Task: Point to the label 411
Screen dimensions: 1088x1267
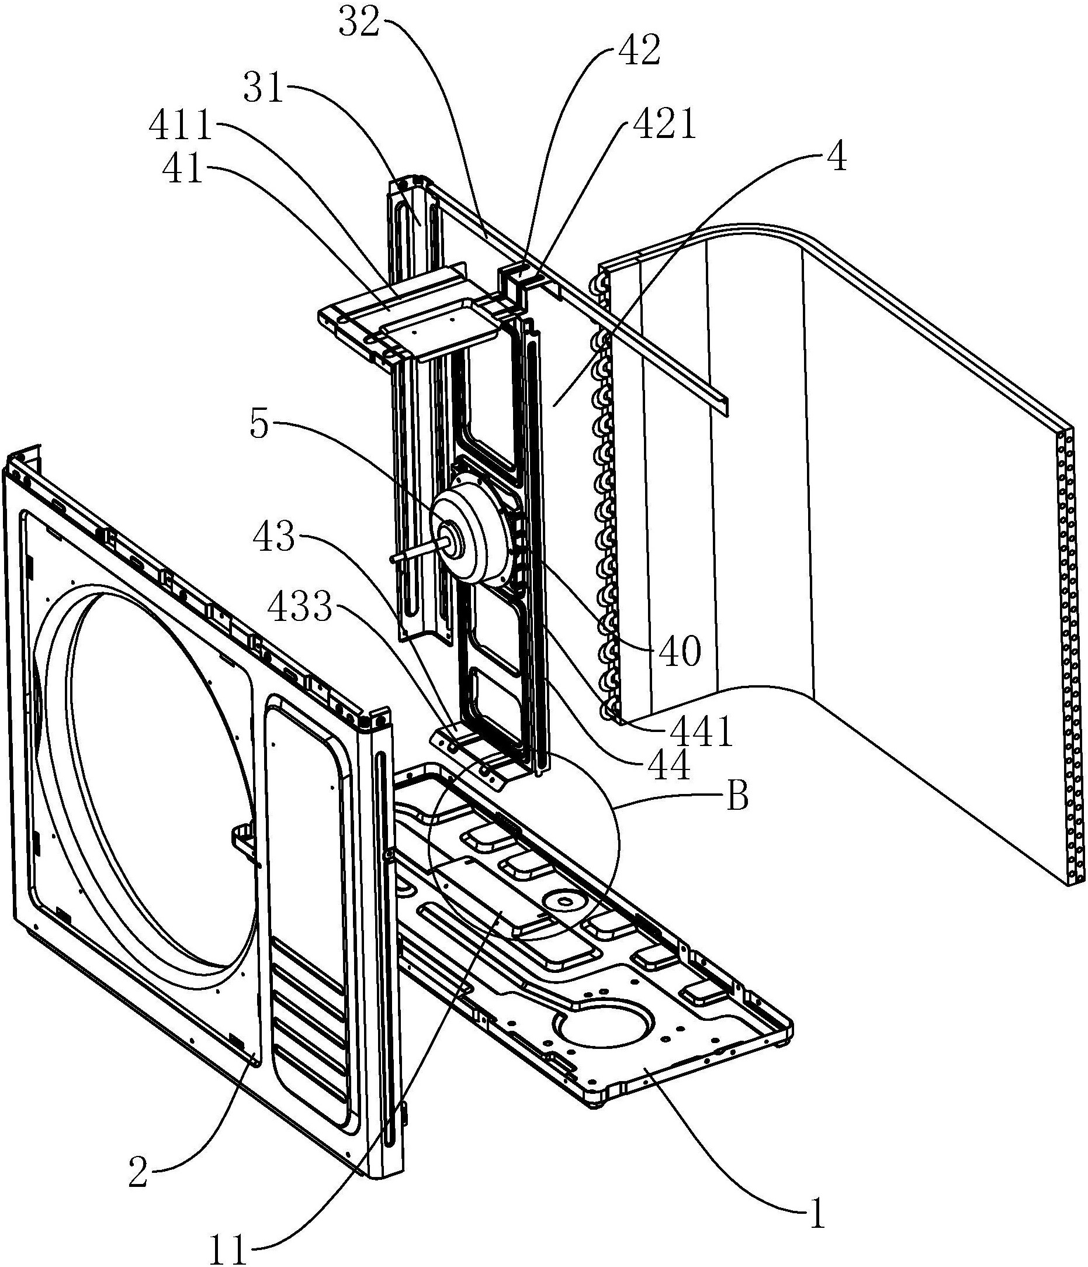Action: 181,129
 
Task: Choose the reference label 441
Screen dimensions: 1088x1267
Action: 702,733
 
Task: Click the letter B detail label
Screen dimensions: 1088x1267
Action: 739,798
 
